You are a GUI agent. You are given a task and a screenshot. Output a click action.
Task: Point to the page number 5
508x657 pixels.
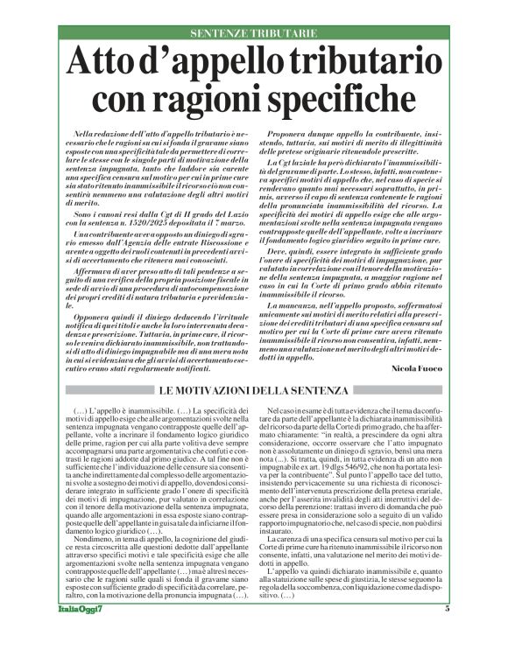pos(446,632)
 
